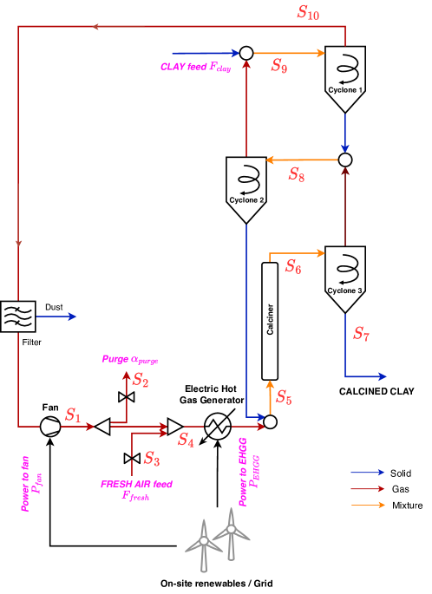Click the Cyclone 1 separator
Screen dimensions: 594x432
tap(345, 76)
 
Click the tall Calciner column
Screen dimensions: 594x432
tap(270, 321)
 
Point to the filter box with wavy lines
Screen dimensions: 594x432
tap(17, 317)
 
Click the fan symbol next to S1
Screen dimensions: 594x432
tap(50, 427)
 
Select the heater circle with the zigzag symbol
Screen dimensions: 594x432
tap(217, 426)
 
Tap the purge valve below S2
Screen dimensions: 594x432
tap(126, 396)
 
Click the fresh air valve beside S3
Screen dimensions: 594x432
tap(132, 458)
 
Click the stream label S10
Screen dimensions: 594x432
tap(307, 12)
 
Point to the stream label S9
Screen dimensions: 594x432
tap(278, 66)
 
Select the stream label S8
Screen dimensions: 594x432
tap(296, 173)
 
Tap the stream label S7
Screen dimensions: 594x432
tap(361, 334)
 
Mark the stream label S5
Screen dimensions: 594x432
tap(284, 398)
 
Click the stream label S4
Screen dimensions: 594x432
tap(186, 441)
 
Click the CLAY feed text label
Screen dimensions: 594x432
tap(195, 67)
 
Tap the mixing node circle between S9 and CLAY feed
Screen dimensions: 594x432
tap(246, 53)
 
